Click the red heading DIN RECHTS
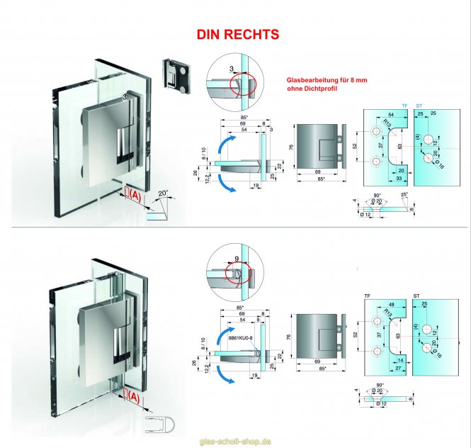click(237, 34)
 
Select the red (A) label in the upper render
click(132, 194)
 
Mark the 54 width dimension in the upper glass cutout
click(391, 114)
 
